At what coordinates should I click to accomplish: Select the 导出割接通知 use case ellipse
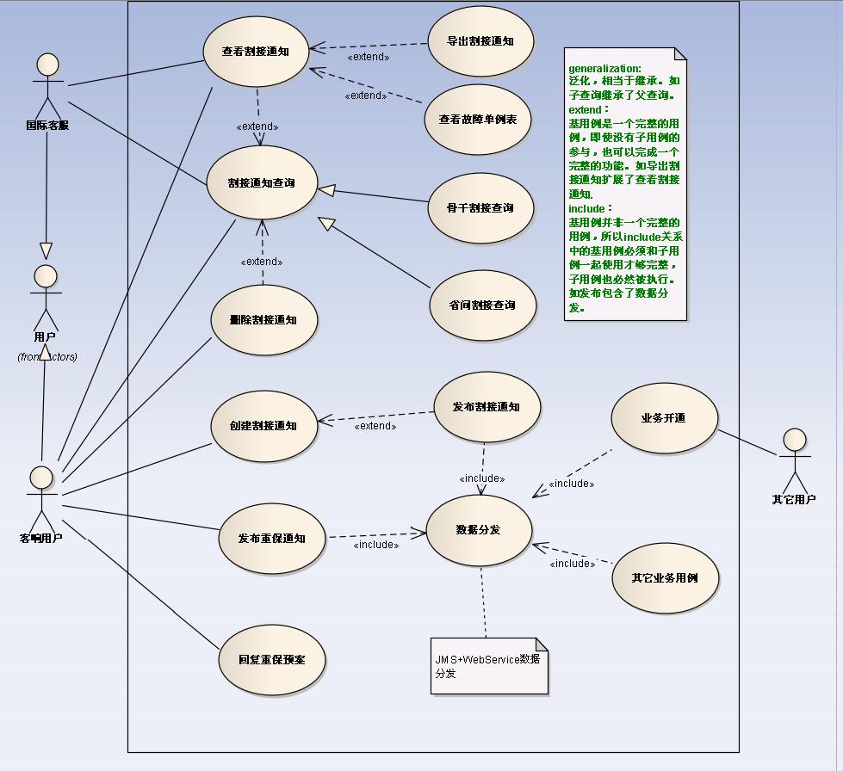480,41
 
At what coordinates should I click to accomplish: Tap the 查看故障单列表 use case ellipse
478,120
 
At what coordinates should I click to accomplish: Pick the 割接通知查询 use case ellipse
261,183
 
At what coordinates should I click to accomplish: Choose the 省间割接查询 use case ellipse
482,305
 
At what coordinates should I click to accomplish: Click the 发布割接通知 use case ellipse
486,407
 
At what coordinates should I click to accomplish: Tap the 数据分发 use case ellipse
478,529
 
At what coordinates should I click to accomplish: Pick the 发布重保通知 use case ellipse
272,539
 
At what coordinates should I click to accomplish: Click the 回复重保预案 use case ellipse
271,659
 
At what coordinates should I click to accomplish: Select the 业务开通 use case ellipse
663,418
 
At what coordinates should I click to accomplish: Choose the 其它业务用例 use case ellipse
665,578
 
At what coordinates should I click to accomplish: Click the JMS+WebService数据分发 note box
489,665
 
